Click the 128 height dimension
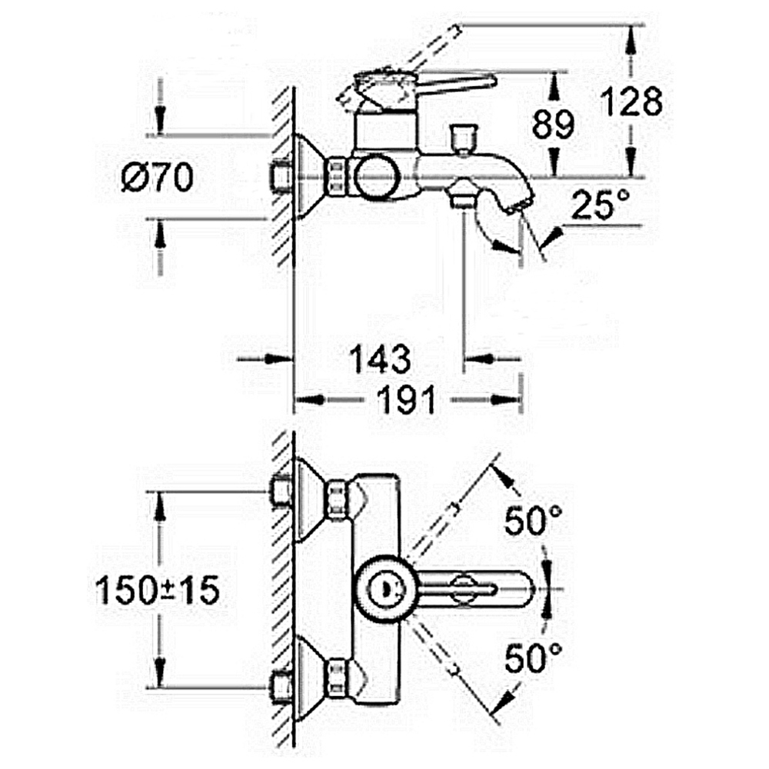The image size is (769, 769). [x=631, y=102]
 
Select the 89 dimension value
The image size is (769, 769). [x=553, y=124]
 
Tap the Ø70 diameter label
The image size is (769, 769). [x=157, y=177]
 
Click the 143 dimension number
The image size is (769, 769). [x=380, y=359]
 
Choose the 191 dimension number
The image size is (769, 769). [x=407, y=400]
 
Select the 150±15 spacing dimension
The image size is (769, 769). [x=157, y=590]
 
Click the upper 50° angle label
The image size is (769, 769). [x=534, y=521]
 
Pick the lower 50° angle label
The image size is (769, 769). [x=534, y=657]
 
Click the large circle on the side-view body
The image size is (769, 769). [x=377, y=178]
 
